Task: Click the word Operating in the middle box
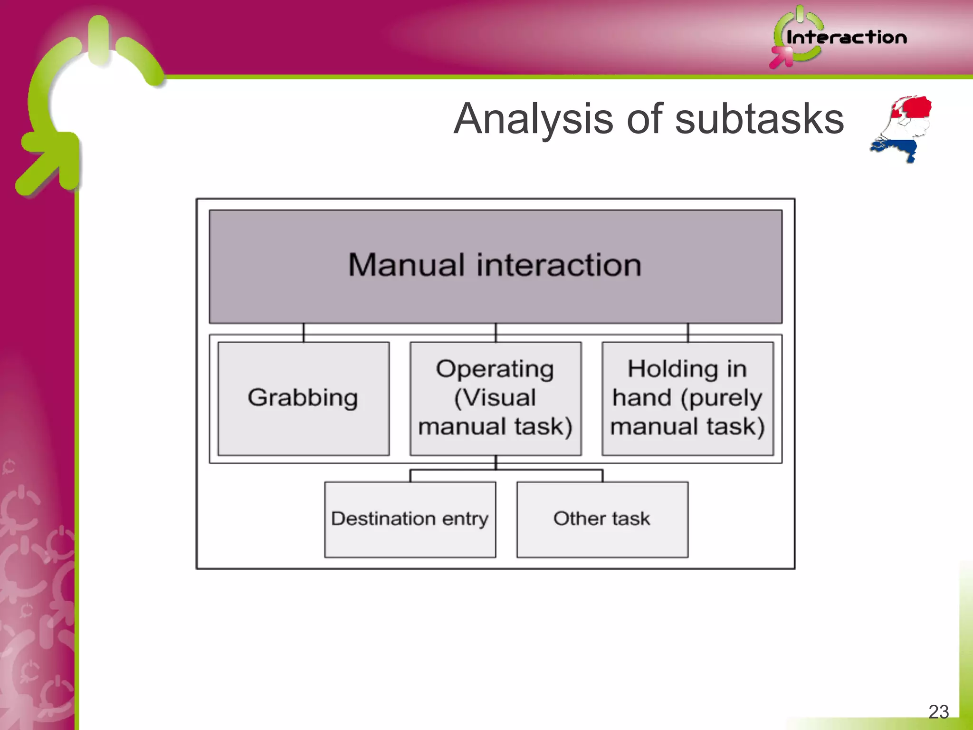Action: tap(495, 370)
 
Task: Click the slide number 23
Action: tap(938, 711)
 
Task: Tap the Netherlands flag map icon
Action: tap(903, 128)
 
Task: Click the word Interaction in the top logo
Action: tap(846, 38)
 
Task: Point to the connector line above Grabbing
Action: tap(304, 332)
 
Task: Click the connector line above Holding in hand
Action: tap(688, 332)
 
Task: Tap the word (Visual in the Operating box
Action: tap(495, 398)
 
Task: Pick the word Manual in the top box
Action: tap(406, 265)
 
